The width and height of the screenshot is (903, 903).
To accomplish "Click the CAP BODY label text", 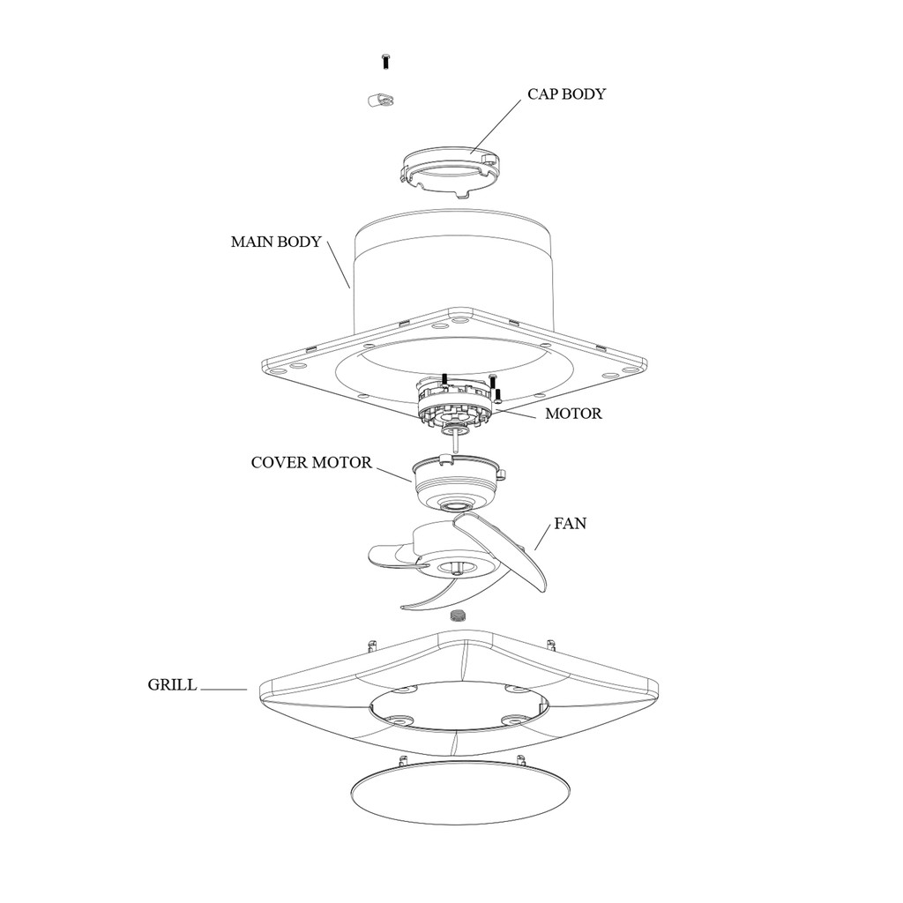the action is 566,94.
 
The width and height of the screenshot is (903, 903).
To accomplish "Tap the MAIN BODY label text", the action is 276,242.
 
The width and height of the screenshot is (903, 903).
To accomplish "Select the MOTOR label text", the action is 573,413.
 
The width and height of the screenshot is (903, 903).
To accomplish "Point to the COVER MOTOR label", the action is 311,462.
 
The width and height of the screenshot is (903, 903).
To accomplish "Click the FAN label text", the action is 570,523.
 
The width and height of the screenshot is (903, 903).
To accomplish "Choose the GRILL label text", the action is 172,685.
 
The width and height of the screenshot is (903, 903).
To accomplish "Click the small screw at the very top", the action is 385,61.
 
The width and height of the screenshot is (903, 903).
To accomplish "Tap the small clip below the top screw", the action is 378,100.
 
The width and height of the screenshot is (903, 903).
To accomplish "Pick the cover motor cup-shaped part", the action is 455,486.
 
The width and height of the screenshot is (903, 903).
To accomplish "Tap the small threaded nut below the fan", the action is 457,615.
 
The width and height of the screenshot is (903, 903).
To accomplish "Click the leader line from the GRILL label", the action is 223,690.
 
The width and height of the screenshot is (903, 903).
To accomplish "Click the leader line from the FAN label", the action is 543,538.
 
